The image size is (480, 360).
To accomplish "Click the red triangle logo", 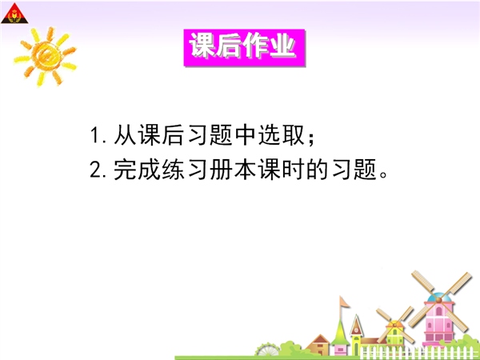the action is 14,14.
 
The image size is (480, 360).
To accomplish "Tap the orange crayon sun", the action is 46,57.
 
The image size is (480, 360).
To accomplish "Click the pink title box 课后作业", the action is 244,47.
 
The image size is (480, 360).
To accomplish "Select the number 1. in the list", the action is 98,135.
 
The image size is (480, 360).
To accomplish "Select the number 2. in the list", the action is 98,170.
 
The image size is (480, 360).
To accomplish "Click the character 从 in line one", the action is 125,135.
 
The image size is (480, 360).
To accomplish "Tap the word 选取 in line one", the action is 282,135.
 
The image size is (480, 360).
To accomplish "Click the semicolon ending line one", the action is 312,138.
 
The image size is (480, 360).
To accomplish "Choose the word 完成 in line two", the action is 137,170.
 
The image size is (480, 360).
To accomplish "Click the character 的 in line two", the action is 318,170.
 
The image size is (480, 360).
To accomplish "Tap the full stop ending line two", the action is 383,174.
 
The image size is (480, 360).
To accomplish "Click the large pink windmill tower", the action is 438,322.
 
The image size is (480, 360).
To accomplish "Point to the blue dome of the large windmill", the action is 439,298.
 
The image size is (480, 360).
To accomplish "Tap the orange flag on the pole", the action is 345,302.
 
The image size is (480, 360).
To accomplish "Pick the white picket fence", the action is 419,352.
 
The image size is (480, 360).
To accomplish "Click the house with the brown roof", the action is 319,345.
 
